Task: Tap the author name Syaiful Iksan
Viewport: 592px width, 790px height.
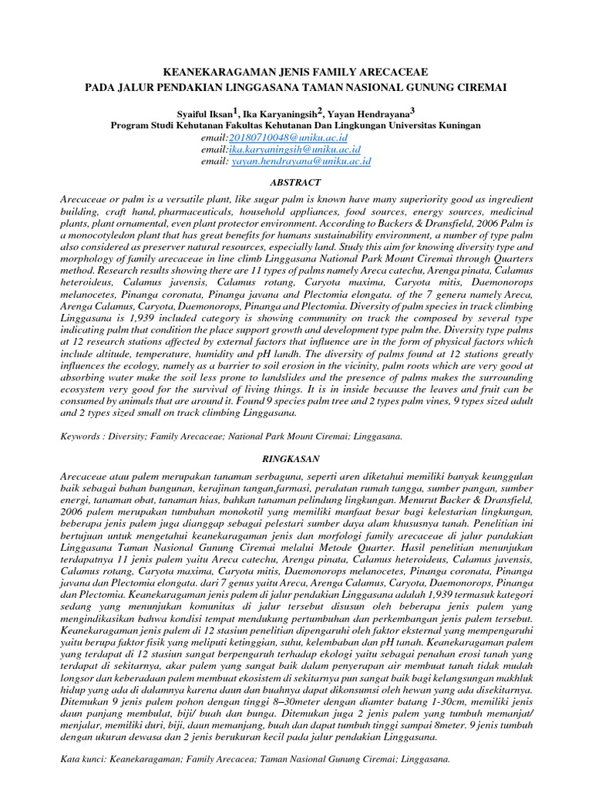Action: coord(208,113)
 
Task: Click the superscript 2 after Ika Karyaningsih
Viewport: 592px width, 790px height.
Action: coord(319,110)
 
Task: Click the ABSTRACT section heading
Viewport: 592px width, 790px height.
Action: coord(295,182)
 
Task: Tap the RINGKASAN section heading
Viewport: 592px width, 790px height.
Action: coord(295,457)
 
